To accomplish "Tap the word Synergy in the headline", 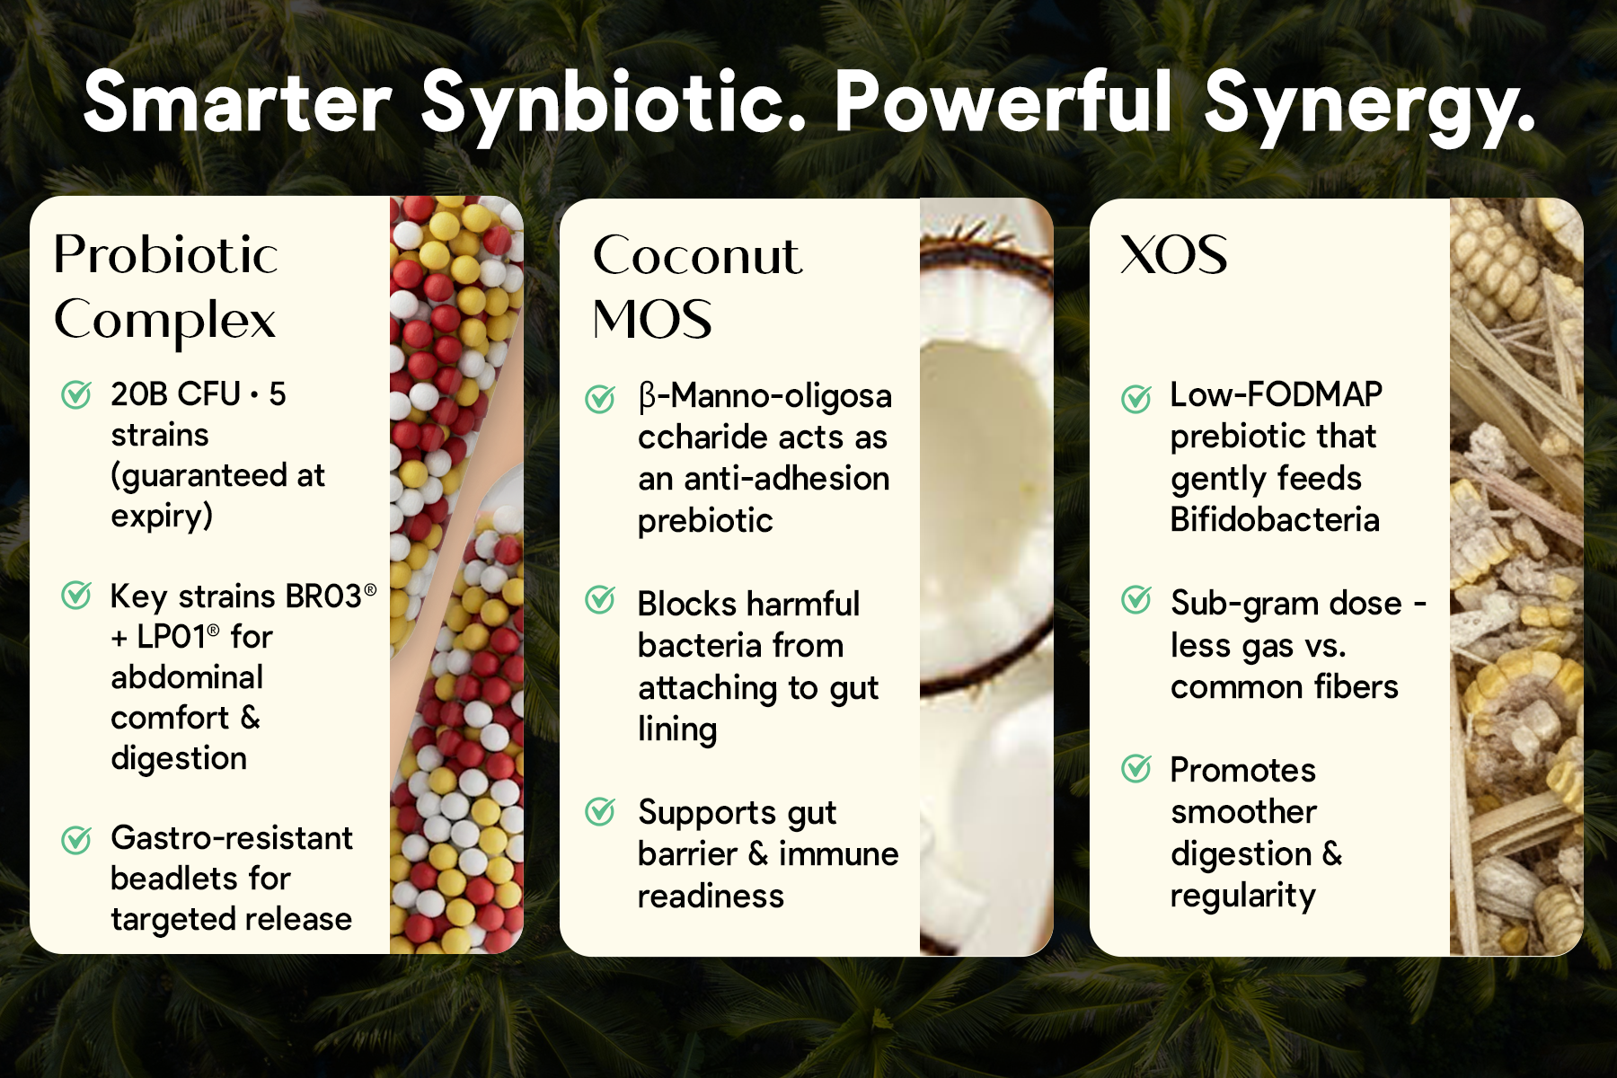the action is [x=1369, y=106].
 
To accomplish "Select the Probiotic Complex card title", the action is [x=165, y=288].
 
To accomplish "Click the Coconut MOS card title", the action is [x=697, y=287].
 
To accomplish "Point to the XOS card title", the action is [x=1173, y=255].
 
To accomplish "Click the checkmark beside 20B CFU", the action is [x=76, y=393].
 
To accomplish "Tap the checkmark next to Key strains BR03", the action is [x=76, y=595].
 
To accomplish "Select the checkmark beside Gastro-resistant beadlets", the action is [x=76, y=839].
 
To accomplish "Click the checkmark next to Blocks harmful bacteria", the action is [x=600, y=599].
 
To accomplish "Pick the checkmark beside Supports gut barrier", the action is [x=600, y=812].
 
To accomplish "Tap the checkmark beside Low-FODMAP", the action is [x=1136, y=398].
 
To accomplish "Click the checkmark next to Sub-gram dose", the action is [x=1136, y=599].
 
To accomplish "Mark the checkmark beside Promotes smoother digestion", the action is [x=1136, y=768].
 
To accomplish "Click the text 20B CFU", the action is [x=176, y=393].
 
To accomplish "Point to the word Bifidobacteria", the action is [x=1275, y=519].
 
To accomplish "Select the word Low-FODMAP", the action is [x=1276, y=393].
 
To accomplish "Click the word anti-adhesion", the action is [x=787, y=478].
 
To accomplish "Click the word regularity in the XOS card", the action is [x=1243, y=896].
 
